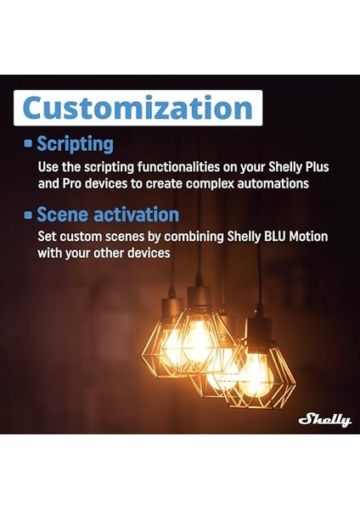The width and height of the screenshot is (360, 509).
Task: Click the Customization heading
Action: pyautogui.click(x=138, y=108)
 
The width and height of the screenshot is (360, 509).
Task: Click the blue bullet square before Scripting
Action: pyautogui.click(x=28, y=144)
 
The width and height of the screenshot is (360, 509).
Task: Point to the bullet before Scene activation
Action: pyautogui.click(x=28, y=215)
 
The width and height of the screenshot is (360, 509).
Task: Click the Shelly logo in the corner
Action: pyautogui.click(x=323, y=419)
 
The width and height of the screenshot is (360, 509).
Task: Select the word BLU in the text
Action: pyautogui.click(x=250, y=237)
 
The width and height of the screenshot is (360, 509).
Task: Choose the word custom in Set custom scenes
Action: pyautogui.click(x=77, y=237)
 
